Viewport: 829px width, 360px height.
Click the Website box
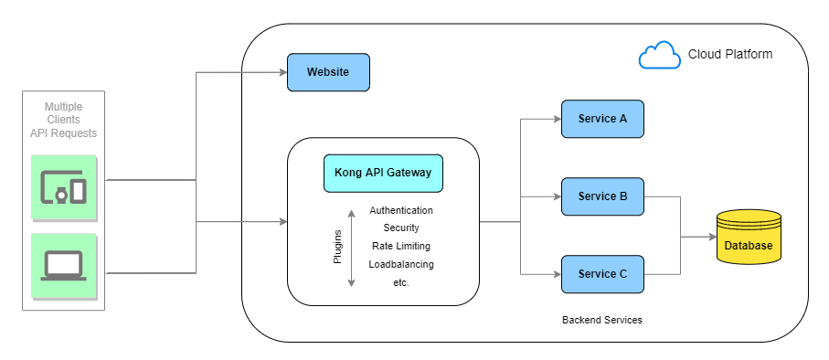pos(329,72)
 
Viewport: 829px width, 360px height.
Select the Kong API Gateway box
pos(383,173)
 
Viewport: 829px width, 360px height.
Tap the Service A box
pos(602,119)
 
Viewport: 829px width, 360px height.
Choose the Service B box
pos(602,196)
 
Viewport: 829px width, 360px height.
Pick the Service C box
pos(602,274)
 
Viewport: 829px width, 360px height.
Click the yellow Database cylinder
pos(749,237)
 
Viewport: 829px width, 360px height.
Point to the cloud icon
pos(659,56)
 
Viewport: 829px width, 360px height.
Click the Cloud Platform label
pos(730,55)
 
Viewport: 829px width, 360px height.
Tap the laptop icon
pos(64,266)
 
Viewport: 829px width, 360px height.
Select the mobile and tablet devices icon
pos(64,187)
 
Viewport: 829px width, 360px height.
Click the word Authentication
pos(401,210)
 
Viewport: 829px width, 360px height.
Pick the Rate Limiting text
pos(401,246)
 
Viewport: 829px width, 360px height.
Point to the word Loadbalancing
pos(401,264)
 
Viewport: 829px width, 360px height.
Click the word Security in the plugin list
pos(401,228)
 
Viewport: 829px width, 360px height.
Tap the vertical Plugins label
pos(336,248)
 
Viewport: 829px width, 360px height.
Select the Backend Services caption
pos(602,321)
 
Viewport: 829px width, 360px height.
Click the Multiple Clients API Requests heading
pos(63,121)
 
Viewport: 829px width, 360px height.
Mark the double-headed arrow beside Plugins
pos(352,248)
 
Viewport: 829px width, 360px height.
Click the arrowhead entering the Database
pos(711,237)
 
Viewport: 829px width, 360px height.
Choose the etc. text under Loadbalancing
pos(400,282)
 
